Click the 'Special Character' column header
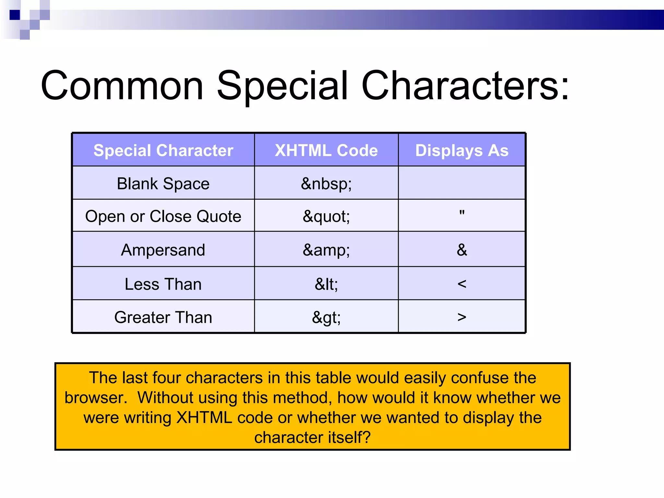[x=163, y=150]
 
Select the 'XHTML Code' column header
[x=326, y=150]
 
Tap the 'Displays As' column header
[x=462, y=150]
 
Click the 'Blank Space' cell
[x=163, y=184]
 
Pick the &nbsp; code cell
[x=326, y=184]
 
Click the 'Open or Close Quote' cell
[x=163, y=216]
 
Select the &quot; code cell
[x=326, y=216]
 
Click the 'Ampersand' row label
[x=163, y=250]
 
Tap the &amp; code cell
[x=326, y=250]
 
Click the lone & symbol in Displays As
[x=462, y=250]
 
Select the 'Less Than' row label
[x=163, y=284]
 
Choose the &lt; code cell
[x=326, y=284]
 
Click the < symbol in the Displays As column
[x=462, y=284]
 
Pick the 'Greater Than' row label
[x=163, y=317]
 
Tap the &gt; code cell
[x=326, y=317]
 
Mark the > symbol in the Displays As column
[x=462, y=317]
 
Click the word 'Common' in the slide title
[x=122, y=86]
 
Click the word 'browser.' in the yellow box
[x=96, y=398]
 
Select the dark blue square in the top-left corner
[x=15, y=15]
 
